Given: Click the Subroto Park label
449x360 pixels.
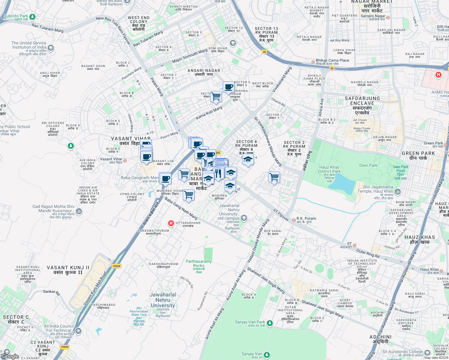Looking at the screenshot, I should click(x=16, y=16).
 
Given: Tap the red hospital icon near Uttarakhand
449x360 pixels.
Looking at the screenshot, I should click(x=171, y=223).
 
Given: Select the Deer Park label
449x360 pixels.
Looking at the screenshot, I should click(x=368, y=165).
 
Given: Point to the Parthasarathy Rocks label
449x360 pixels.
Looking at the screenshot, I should click(x=199, y=263).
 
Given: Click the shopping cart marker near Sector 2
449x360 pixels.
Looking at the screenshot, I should click(x=274, y=177).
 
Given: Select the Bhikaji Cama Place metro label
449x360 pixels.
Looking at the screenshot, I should click(x=332, y=60).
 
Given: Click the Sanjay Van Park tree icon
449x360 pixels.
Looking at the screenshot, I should click(x=270, y=323).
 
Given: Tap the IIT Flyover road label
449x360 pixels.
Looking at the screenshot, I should click(x=281, y=215).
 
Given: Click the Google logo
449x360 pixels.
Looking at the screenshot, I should click(x=10, y=356).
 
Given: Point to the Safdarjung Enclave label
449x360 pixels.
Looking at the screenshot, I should click(x=362, y=103).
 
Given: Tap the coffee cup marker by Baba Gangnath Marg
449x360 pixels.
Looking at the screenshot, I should click(x=165, y=178).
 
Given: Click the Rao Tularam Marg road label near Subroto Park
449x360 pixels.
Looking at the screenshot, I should click(x=47, y=28).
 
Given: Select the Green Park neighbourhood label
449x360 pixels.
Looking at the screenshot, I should click(x=418, y=155).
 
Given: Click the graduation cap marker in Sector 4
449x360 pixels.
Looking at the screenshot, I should click(x=248, y=160).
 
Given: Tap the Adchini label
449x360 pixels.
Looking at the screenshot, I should click(x=381, y=339).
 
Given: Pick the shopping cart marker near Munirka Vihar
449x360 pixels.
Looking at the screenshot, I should click(x=189, y=195).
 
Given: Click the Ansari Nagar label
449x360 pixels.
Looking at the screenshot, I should click(x=204, y=72).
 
